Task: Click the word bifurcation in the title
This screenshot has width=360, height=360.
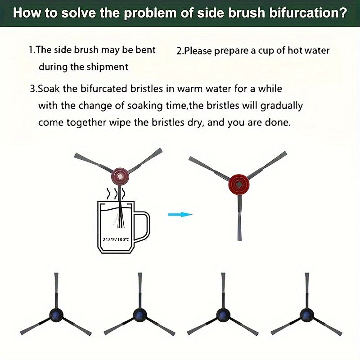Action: pyautogui.click(x=308, y=13)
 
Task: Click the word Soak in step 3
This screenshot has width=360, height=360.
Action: pyautogui.click(x=49, y=89)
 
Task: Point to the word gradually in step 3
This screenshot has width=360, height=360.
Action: pyautogui.click(x=282, y=106)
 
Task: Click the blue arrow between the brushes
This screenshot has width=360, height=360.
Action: pyautogui.click(x=180, y=215)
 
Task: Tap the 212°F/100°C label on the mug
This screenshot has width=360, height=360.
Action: pyautogui.click(x=116, y=240)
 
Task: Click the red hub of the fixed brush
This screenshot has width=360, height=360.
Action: pyautogui.click(x=239, y=184)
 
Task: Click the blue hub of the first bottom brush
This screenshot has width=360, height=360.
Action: pyautogui.click(x=56, y=315)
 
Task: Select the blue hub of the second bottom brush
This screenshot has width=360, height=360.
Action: pyautogui.click(x=139, y=315)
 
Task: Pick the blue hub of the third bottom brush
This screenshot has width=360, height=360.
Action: pyautogui.click(x=223, y=315)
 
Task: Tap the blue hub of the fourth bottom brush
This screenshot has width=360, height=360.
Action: pyautogui.click(x=307, y=315)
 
